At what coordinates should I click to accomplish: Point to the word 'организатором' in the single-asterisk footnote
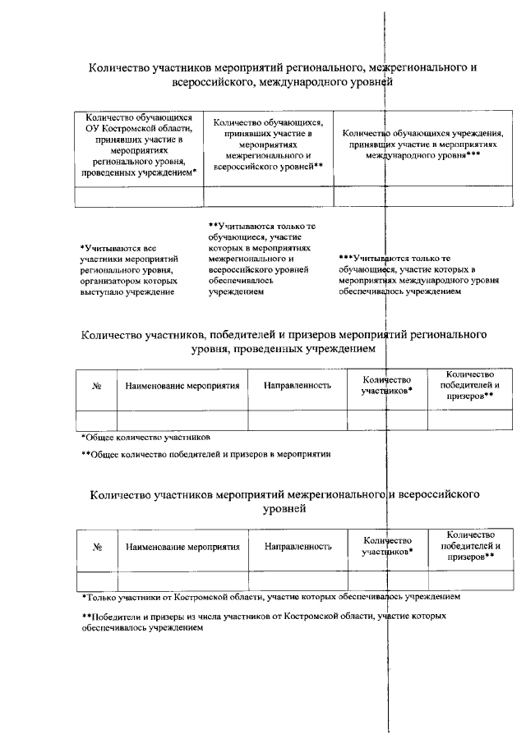coord(115,279)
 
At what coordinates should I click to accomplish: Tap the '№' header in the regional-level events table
coord(97,385)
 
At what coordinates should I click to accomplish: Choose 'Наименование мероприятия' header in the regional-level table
coord(182,385)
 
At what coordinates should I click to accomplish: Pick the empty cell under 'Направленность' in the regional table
coord(298,419)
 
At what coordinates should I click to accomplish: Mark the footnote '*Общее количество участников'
coord(145,437)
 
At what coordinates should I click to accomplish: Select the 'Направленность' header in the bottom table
coord(298,546)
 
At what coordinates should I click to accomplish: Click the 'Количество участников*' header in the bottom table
coord(386,546)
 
